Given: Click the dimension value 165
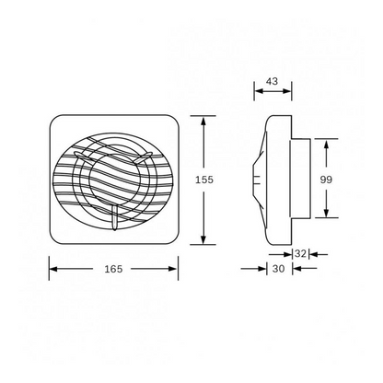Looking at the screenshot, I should [113, 269].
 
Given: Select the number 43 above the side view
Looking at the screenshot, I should [272, 82].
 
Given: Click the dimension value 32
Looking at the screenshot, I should [300, 251].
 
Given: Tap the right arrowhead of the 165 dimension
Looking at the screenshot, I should [175, 269].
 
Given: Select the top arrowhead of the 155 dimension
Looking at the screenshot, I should [203, 120].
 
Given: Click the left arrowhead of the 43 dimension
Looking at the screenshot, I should [259, 92].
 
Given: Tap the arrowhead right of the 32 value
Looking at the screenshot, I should [313, 252].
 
